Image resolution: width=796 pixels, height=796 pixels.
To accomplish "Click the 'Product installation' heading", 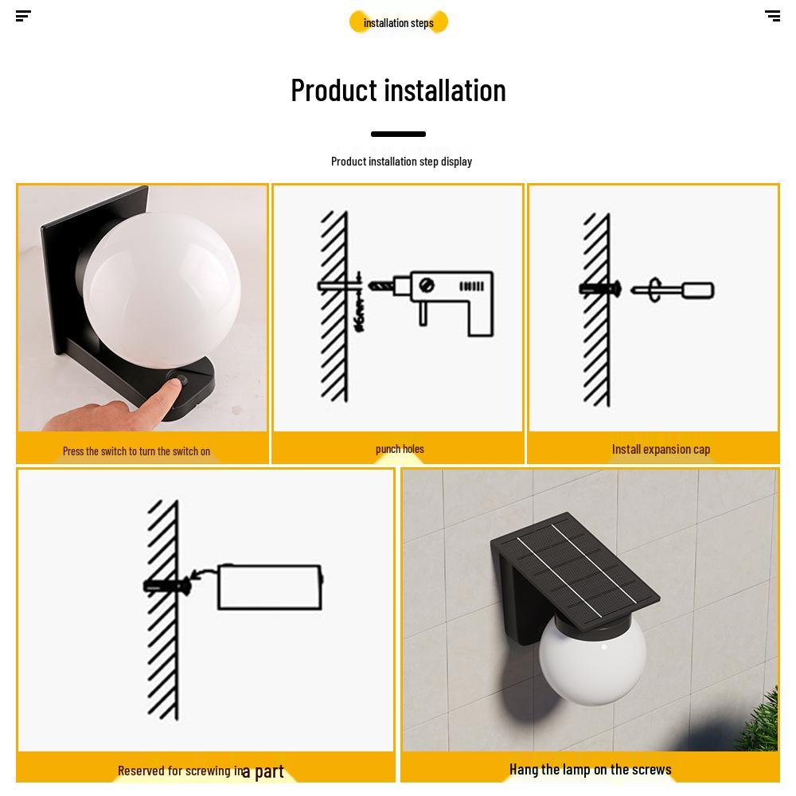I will click(398, 90).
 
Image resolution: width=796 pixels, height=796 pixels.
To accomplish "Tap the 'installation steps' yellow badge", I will click(399, 22).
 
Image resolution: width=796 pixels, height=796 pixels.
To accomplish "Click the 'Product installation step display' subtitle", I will click(401, 162).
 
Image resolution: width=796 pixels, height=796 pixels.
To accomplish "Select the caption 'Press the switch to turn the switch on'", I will click(136, 451).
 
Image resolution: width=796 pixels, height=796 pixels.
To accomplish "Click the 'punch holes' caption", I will click(400, 449).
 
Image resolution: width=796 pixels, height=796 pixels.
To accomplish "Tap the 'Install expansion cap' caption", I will click(661, 449).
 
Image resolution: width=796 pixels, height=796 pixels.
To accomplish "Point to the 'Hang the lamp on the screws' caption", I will click(590, 769).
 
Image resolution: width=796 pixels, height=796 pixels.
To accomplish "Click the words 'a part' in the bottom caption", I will click(263, 771).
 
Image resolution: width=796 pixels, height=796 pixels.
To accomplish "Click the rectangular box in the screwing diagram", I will click(269, 587).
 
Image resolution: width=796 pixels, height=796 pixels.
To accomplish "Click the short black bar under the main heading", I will click(398, 134).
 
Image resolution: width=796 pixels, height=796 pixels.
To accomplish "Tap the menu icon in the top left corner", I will click(23, 16).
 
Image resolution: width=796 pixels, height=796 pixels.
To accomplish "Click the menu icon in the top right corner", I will click(772, 16).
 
